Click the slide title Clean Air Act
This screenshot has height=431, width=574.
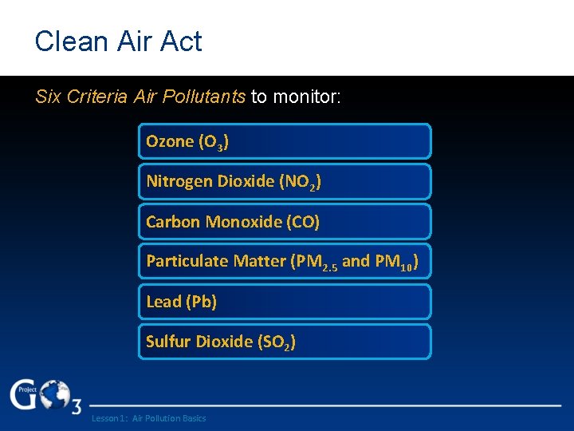(x=118, y=42)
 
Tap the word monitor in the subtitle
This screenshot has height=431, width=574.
(x=305, y=97)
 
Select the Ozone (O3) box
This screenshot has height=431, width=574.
(x=285, y=141)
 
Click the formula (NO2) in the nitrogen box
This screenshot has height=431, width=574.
(x=301, y=182)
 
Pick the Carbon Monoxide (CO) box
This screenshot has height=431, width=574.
(x=285, y=222)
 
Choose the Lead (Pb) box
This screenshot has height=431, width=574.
(x=285, y=302)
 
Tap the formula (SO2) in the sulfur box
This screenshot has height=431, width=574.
(x=277, y=342)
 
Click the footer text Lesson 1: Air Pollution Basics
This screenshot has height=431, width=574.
(x=148, y=418)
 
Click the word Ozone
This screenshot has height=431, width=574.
(x=169, y=141)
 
